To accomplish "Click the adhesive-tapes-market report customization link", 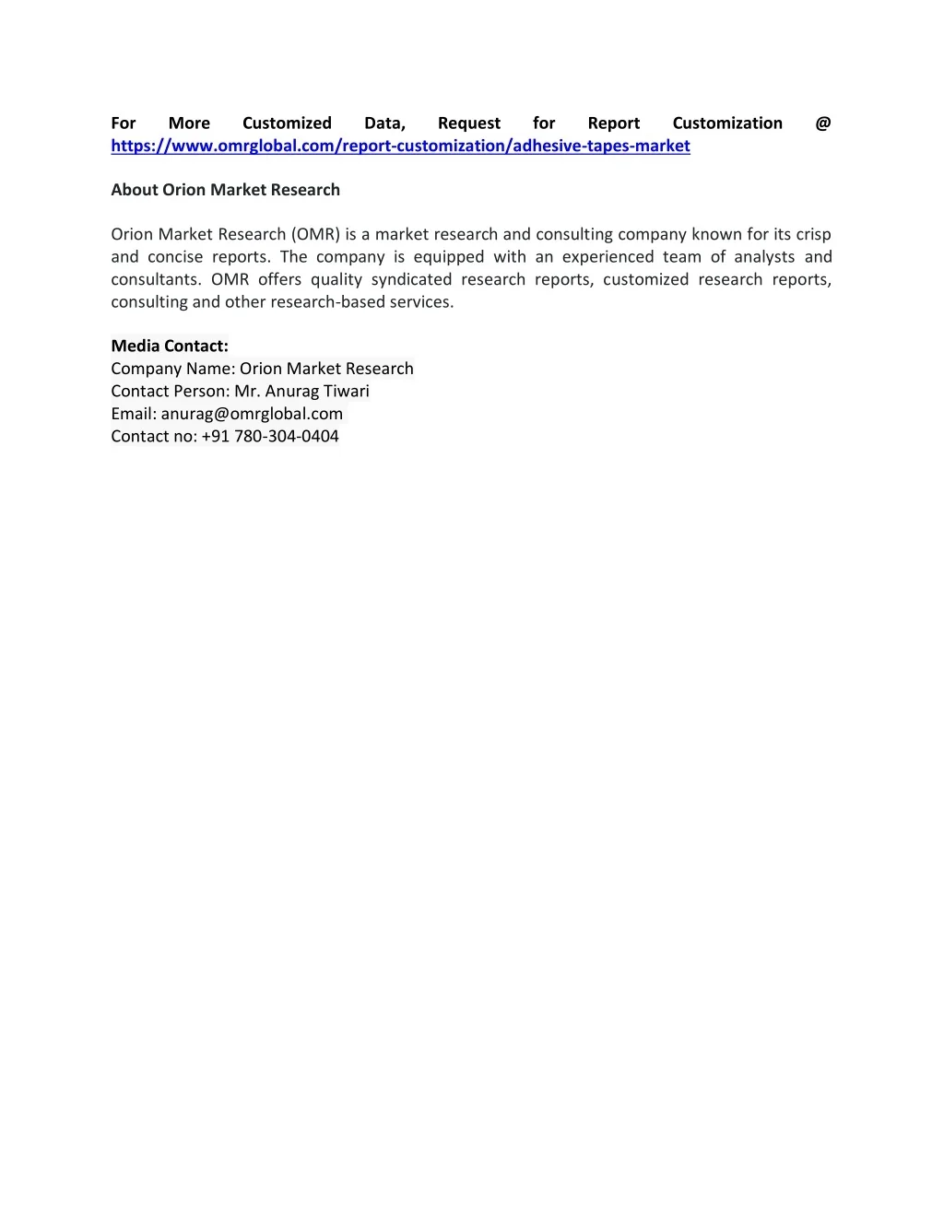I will pos(400,146).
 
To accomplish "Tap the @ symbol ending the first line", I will pos(823,123).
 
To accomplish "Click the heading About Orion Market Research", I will pos(225,190).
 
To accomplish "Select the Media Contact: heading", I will pos(170,346).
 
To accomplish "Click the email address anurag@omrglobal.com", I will pos(252,414).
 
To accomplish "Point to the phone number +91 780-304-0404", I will pos(270,436).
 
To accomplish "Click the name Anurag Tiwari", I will pos(317,391).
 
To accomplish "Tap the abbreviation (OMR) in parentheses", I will pos(315,234).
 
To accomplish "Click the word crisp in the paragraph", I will pos(813,234).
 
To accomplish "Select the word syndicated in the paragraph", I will pos(411,279).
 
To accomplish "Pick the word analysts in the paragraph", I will pos(764,257).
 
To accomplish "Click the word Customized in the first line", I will pos(287,123).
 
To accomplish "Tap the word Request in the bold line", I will pos(469,123).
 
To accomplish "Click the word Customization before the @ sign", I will pos(727,123).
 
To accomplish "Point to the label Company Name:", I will pos(173,369).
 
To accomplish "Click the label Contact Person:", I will pos(171,391).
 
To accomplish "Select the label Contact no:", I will pos(154,436).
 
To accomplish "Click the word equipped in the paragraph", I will pos(449,257).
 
